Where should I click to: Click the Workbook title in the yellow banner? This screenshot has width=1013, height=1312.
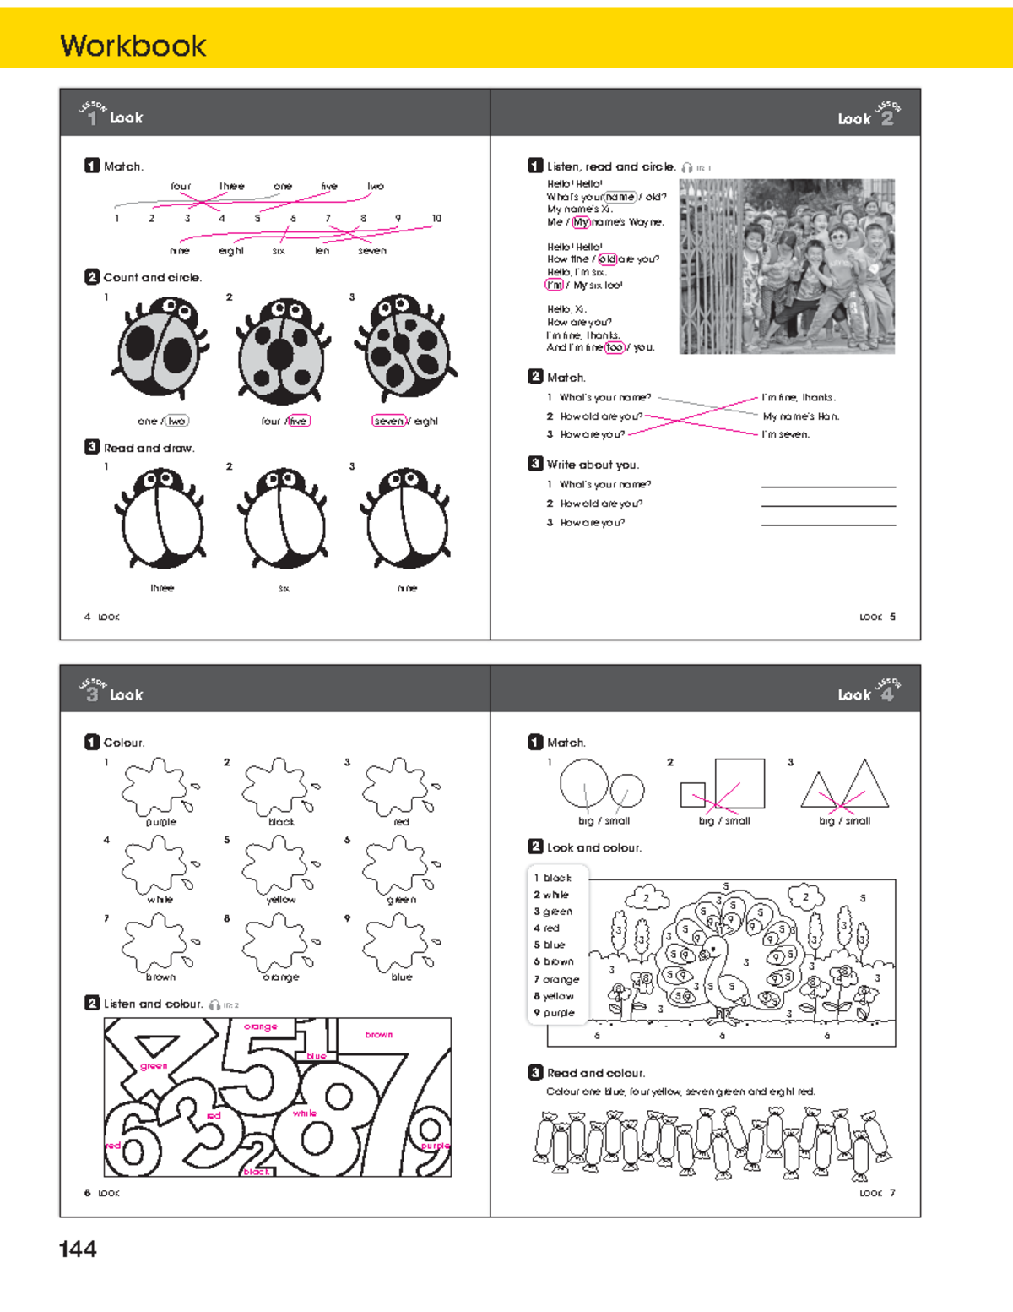pos(133,46)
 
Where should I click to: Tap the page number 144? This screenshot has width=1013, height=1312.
pos(78,1249)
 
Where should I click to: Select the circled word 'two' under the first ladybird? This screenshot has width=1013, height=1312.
pos(176,421)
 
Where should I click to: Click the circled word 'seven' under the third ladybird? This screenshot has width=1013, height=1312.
pos(388,421)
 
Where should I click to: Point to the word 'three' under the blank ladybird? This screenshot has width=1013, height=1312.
pos(162,588)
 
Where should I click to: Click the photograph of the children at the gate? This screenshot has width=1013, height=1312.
pos(787,266)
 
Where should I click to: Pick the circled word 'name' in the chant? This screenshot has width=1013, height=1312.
pos(620,197)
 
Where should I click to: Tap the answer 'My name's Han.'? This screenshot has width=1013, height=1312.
pos(800,416)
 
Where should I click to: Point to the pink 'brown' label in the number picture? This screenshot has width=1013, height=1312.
pos(378,1034)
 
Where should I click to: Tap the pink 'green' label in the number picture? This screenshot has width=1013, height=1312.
pos(154,1066)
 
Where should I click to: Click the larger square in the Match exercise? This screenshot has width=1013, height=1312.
pos(739,783)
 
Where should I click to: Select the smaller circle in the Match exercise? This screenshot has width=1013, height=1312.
pos(627,790)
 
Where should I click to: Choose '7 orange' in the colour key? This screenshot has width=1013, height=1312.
pos(556,979)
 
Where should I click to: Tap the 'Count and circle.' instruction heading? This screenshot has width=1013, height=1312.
pos(152,277)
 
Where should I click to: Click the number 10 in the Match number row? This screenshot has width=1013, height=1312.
pos(436,219)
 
